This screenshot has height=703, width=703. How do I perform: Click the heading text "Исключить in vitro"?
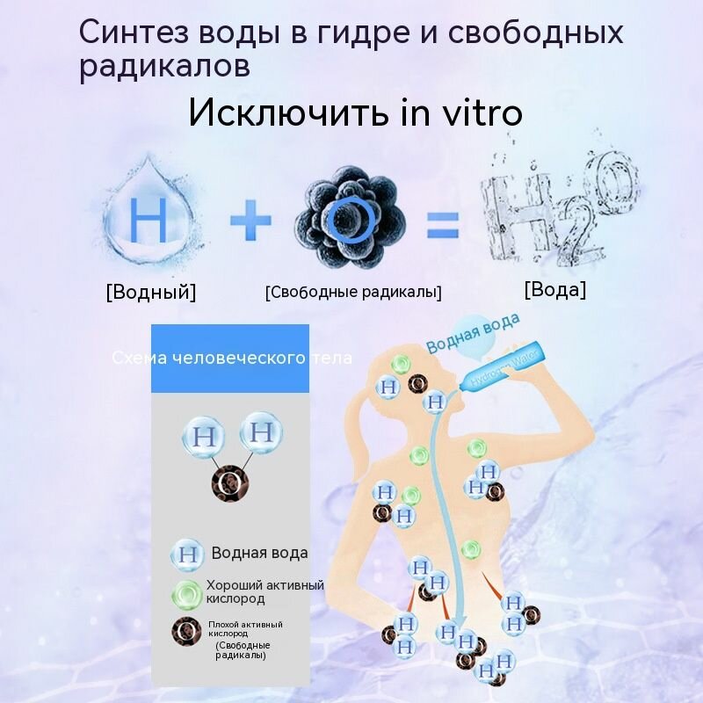click(355, 113)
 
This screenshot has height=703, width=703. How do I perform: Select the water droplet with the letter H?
click(149, 221)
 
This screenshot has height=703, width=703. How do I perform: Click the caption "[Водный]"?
click(150, 292)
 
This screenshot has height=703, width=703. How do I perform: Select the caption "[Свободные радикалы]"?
click(353, 292)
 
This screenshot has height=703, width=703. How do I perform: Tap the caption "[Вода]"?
click(554, 290)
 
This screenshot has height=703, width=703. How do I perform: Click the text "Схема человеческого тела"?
click(232, 359)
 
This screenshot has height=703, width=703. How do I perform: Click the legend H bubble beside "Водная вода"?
click(186, 554)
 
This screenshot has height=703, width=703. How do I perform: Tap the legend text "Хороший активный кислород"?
click(265, 591)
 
